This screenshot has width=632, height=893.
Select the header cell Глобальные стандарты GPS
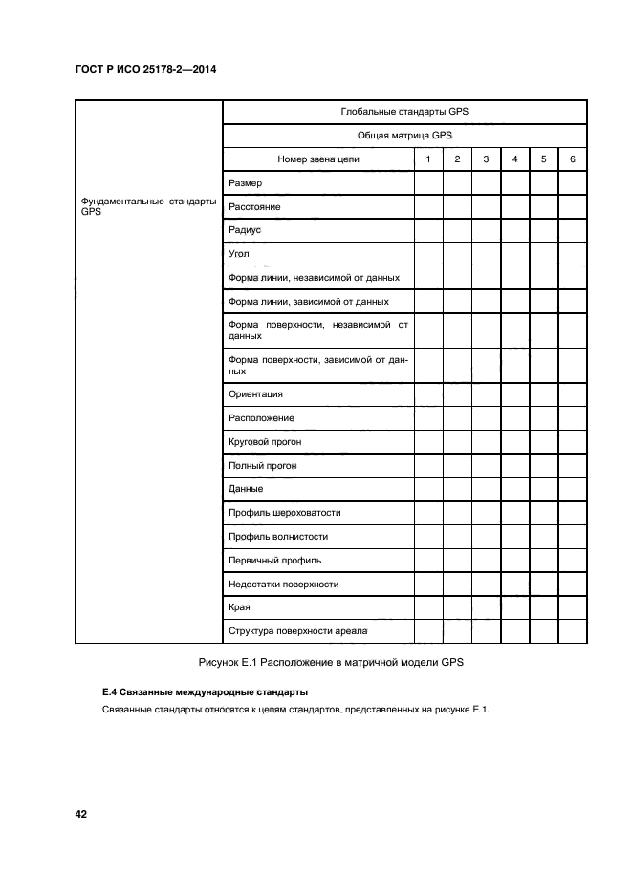403,112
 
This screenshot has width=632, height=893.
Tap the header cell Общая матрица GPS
403,136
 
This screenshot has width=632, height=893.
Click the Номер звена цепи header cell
317,159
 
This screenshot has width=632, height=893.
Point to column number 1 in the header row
428,159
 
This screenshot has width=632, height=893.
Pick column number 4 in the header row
514,159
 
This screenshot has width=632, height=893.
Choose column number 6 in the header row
572,159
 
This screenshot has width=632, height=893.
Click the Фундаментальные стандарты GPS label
148,207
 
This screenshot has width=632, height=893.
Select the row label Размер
246,183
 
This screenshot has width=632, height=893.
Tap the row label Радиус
245,230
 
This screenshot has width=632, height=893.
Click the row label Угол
239,254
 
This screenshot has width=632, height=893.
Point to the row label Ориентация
255,394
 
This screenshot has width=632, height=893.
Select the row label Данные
246,489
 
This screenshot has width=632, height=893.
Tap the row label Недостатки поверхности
283,584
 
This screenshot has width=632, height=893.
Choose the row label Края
240,606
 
